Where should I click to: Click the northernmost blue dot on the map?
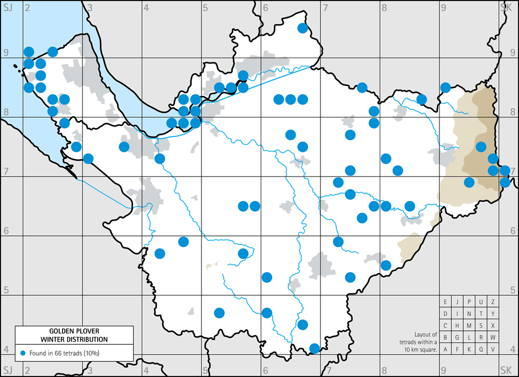tap(302, 28)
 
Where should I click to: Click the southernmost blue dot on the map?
tap(315, 348)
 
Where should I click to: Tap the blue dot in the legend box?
tap(23, 353)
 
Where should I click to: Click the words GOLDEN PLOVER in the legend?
tap(74, 331)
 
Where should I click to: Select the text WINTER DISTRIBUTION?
tap(74, 339)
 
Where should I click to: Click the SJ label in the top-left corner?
tap(8, 7)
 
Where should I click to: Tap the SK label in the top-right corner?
tap(506, 7)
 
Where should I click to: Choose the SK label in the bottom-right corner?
tap(506, 370)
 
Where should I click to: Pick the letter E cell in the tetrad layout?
tap(446, 302)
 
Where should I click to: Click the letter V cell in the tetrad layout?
tap(493, 349)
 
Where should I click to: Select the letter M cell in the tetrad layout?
tap(469, 326)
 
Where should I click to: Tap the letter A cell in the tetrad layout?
tap(446, 349)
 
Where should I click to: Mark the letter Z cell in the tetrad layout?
tap(493, 302)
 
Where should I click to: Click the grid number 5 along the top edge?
tap(206, 7)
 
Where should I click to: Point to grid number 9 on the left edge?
tap(5, 53)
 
